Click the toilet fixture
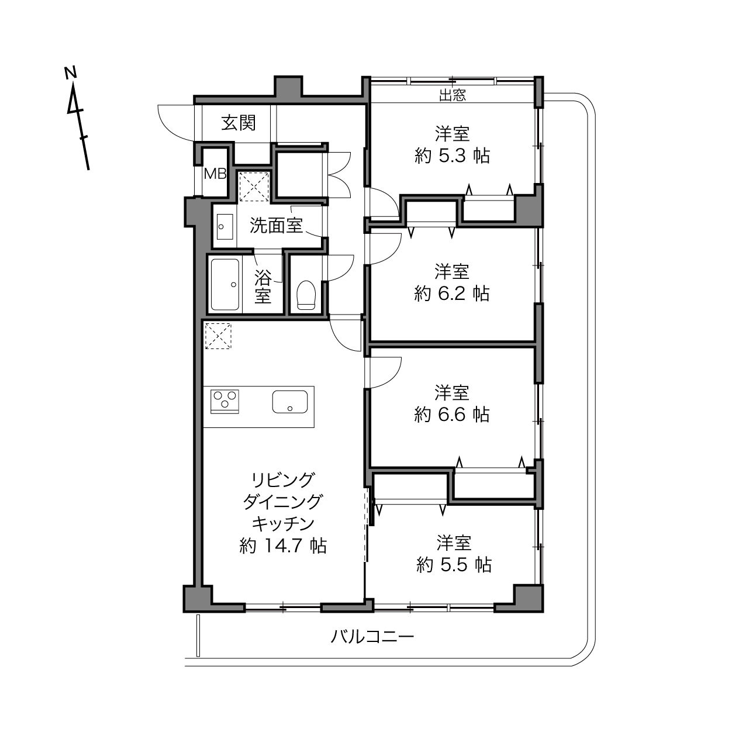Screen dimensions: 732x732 coord(306,295)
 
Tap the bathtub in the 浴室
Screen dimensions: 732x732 coord(225,285)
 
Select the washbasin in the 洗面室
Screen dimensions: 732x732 coord(225,227)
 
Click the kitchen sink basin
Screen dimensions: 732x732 coord(290,402)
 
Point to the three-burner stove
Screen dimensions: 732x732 coord(225,401)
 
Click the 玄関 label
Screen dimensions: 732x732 coord(239,123)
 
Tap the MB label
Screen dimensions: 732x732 coord(215,174)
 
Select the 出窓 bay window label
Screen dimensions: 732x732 coord(453,95)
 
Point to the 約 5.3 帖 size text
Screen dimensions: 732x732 coord(452,156)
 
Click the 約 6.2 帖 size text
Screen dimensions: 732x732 coord(452,294)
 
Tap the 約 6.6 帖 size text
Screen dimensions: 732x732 coord(452,415)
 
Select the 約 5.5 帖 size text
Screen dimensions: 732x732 coord(454,565)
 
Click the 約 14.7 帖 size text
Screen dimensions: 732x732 coord(283,546)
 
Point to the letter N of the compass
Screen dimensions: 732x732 coord(70,72)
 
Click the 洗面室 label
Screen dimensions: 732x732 coord(276,226)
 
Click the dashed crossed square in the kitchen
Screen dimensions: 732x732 coord(218,336)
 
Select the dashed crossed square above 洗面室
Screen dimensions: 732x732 coord(254,186)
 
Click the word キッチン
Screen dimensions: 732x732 coord(284,524)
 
